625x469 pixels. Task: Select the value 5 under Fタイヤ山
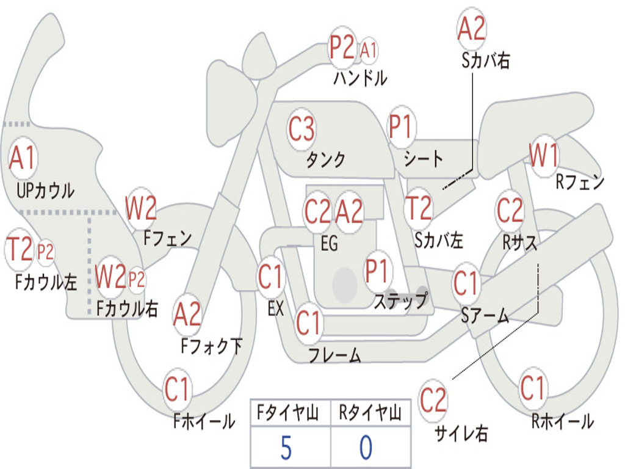pos(286,448)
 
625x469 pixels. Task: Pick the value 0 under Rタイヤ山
pos(366,448)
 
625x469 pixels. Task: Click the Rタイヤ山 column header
pos(370,413)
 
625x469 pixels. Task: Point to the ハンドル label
pos(360,78)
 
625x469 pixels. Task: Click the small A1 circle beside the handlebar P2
pos(368,51)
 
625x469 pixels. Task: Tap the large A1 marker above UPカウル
pos(23,158)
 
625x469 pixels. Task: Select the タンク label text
pos(325,160)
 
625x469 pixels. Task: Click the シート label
pos(423,159)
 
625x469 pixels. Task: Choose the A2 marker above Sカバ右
pos(472,29)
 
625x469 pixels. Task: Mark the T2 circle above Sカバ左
pos(418,208)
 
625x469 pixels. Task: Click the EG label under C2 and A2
pos(329,244)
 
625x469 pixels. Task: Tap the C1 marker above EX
pos(270,277)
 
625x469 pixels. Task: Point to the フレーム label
pos(334,355)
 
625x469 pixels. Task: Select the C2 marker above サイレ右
pos(433,400)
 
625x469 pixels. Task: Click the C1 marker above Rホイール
pos(532,388)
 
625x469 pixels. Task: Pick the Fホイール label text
pos(204,421)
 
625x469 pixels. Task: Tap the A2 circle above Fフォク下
pos(187,314)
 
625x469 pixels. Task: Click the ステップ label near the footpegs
pos(401,300)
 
